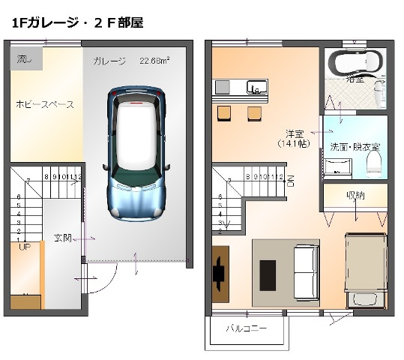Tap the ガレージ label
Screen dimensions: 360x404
[109, 61]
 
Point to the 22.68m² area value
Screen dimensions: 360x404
[154, 61]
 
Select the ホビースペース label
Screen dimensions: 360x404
[45, 104]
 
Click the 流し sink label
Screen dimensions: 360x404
[25, 58]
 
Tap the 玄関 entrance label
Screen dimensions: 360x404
[63, 238]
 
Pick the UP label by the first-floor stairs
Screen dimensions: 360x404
[24, 246]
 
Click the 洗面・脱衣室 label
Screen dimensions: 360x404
[355, 146]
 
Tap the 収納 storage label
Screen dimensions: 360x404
[355, 196]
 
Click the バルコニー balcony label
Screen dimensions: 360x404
[247, 328]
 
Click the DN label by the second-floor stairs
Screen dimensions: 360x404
[290, 180]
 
